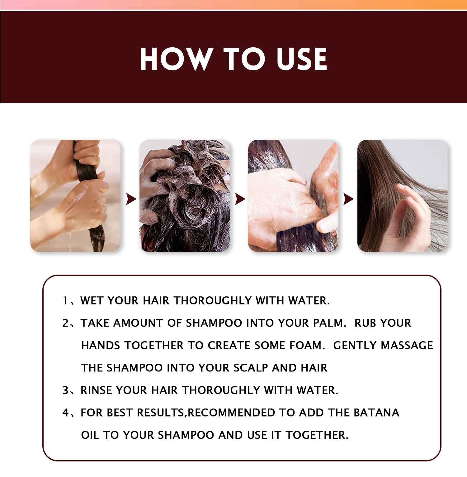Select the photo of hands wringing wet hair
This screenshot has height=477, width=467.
(x=75, y=196)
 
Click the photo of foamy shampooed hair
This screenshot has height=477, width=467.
(x=184, y=196)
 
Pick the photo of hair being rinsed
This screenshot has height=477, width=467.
(x=293, y=196)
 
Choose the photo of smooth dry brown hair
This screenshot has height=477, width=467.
(x=402, y=196)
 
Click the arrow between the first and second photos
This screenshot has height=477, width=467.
(x=131, y=199)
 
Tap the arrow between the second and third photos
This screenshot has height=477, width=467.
(x=240, y=199)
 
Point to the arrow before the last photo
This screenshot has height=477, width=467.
(x=348, y=199)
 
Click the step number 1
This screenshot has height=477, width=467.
(x=65, y=301)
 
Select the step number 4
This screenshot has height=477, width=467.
(x=65, y=413)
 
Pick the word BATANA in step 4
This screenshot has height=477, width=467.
(x=376, y=413)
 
